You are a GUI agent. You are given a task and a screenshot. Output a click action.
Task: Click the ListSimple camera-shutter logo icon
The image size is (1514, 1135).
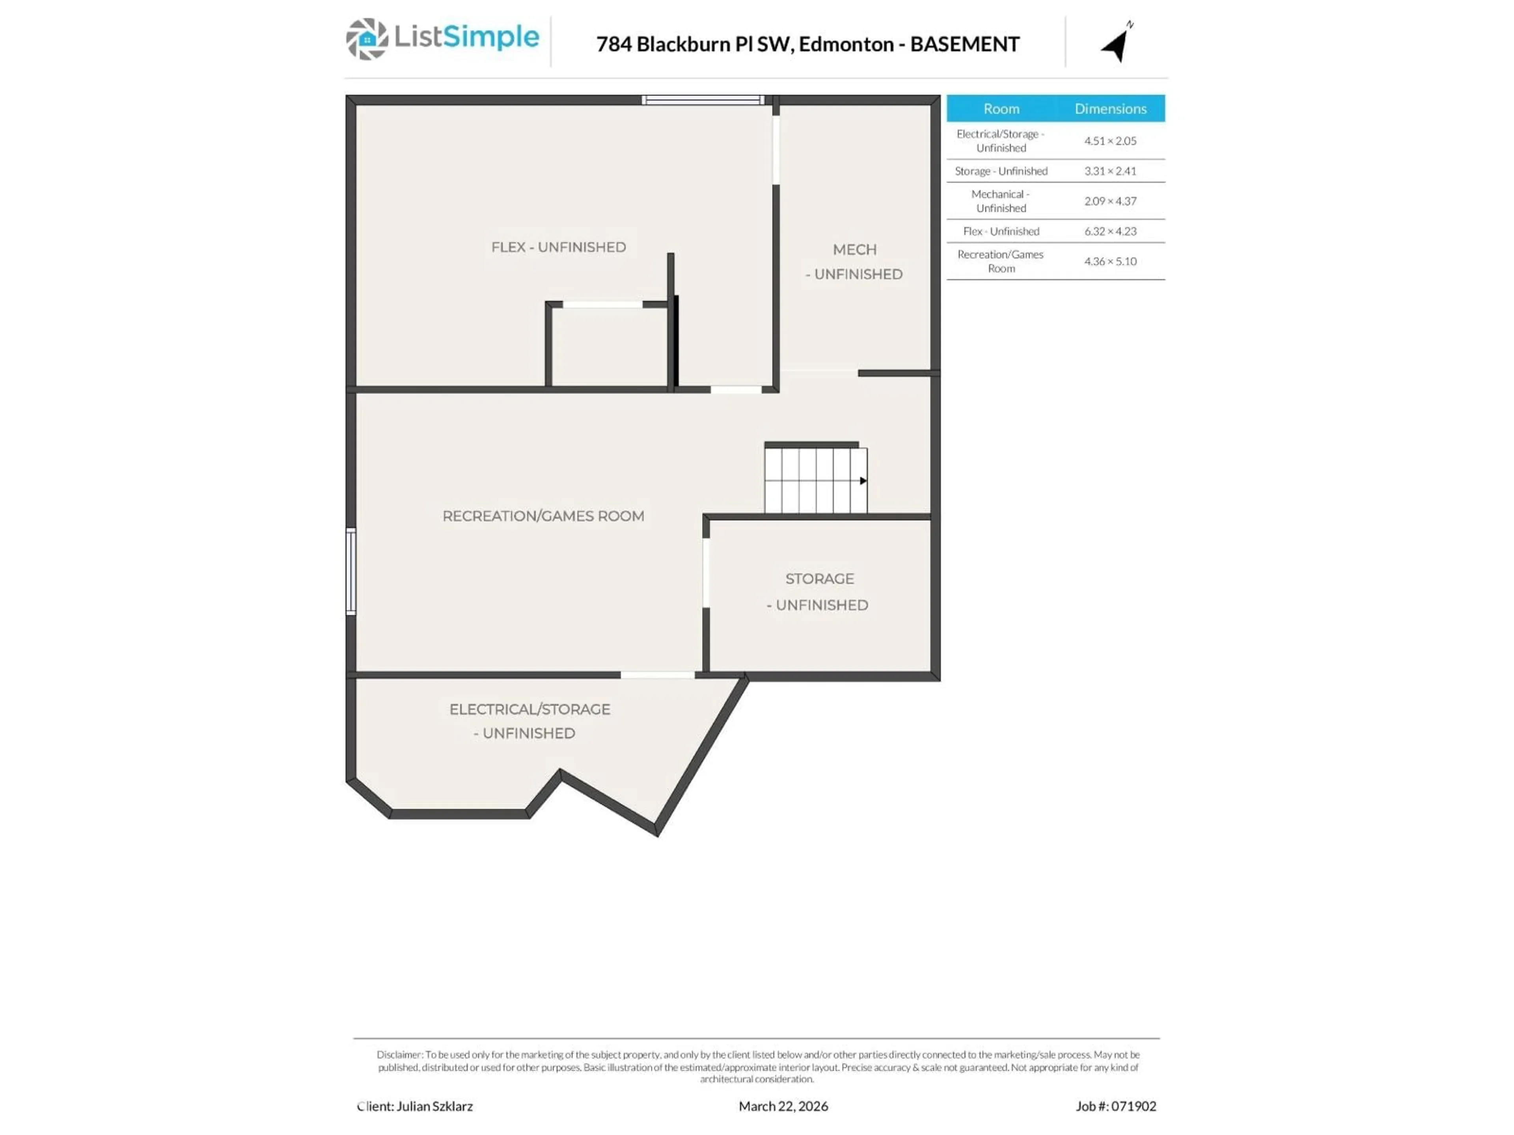click(x=367, y=39)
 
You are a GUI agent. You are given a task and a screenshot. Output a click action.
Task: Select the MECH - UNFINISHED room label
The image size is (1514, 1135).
click(x=854, y=261)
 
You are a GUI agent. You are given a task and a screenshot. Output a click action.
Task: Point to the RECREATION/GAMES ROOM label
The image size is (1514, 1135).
click(x=543, y=516)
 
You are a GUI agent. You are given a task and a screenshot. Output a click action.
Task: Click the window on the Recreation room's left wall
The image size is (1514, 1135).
click(x=351, y=571)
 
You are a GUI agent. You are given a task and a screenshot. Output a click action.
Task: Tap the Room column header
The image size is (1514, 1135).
click(x=1001, y=109)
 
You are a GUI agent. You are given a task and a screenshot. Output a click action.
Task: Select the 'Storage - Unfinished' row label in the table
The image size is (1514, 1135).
click(x=1001, y=171)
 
